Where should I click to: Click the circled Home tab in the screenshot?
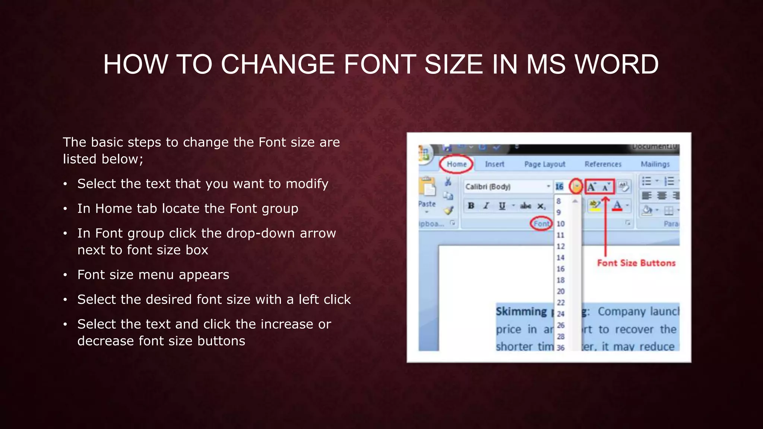click(456, 164)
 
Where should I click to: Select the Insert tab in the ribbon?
click(494, 164)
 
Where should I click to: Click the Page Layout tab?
click(544, 164)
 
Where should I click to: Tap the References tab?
click(603, 164)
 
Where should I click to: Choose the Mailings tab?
click(655, 164)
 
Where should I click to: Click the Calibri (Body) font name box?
click(505, 187)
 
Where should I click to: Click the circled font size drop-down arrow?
click(576, 186)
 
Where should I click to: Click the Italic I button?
click(486, 206)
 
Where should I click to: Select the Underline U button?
click(502, 206)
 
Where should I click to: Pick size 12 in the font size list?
click(560, 247)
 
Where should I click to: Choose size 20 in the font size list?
click(560, 291)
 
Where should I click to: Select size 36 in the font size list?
click(560, 348)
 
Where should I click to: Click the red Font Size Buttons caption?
click(636, 263)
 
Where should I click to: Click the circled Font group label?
click(541, 223)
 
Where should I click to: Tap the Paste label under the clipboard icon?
click(427, 204)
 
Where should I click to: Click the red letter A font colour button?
click(617, 205)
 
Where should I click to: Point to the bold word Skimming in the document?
click(521, 311)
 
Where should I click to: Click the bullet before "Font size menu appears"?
click(65, 275)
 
